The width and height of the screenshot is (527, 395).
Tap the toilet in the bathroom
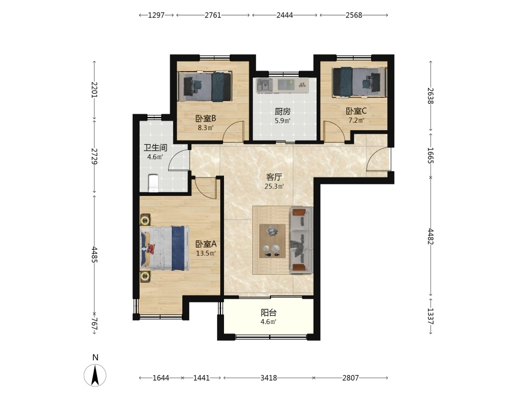(153, 183)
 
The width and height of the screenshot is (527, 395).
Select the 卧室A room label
(206, 244)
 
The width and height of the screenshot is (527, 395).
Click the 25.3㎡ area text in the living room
(274, 186)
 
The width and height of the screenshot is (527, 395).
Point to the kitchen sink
(265, 85)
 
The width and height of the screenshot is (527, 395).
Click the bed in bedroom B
(204, 86)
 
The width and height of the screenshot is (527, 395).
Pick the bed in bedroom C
(359, 82)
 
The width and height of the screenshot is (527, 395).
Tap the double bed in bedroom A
(164, 248)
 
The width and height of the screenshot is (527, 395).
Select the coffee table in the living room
(272, 241)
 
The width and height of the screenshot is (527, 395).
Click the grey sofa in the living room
(301, 240)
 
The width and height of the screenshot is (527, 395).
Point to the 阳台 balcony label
(269, 313)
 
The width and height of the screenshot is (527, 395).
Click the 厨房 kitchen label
(282, 112)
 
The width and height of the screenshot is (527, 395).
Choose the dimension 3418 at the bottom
(269, 378)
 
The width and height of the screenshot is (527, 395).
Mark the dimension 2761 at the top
(213, 15)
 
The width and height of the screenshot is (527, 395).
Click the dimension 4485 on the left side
(94, 255)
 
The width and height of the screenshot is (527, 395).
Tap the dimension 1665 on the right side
(431, 155)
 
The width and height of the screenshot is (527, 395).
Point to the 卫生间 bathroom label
(155, 148)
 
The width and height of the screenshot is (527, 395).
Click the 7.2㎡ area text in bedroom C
(356, 120)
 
